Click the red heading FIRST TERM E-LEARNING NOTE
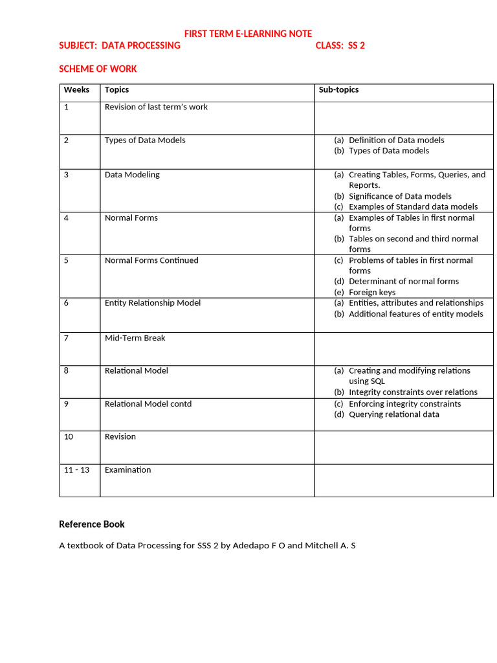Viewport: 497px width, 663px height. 248,33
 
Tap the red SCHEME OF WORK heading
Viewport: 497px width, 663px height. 98,69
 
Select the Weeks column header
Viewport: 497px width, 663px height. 76,89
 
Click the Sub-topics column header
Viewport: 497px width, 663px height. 338,89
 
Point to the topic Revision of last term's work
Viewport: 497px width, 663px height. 156,107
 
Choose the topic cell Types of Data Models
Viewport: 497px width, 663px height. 145,140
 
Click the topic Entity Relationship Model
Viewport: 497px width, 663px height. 153,302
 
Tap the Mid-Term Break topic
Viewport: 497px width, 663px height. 135,337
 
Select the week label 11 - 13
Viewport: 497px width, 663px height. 76,469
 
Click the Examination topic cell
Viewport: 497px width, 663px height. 127,469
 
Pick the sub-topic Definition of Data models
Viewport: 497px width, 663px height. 396,140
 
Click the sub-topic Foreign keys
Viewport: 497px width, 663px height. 372,292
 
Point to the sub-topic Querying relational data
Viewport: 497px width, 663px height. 393,414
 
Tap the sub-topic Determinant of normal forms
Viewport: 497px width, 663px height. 403,281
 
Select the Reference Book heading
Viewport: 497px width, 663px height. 92,524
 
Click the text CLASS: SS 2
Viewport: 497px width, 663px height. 340,45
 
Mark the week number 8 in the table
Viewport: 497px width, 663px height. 67,370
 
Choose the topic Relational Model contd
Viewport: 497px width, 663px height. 148,403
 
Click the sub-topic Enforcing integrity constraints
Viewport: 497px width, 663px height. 404,403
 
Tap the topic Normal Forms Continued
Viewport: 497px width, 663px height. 151,260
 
